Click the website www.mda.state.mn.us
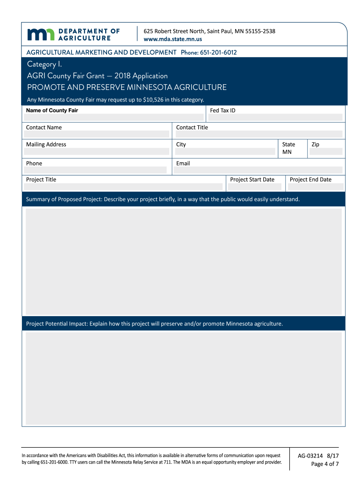[173, 39]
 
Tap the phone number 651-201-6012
[218, 52]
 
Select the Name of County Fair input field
[114, 118]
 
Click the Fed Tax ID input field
[275, 118]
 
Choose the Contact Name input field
[97, 134]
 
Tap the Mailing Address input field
[97, 152]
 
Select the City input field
[225, 152]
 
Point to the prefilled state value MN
[287, 152]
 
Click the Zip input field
[326, 152]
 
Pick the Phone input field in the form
[96, 170]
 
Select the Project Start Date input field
[255, 187]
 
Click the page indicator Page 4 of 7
[324, 464]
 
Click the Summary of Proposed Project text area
[183, 261]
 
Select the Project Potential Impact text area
[183, 378]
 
